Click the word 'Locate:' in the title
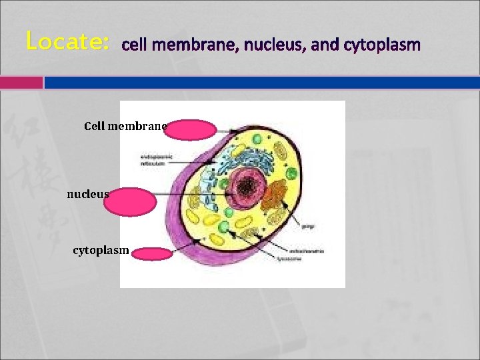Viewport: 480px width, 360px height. (x=67, y=41)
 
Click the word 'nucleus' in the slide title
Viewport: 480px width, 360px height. (x=272, y=45)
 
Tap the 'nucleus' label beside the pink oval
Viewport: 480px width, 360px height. (x=87, y=194)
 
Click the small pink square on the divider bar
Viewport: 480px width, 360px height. (x=21, y=83)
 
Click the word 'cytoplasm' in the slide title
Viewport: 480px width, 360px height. (x=382, y=45)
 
